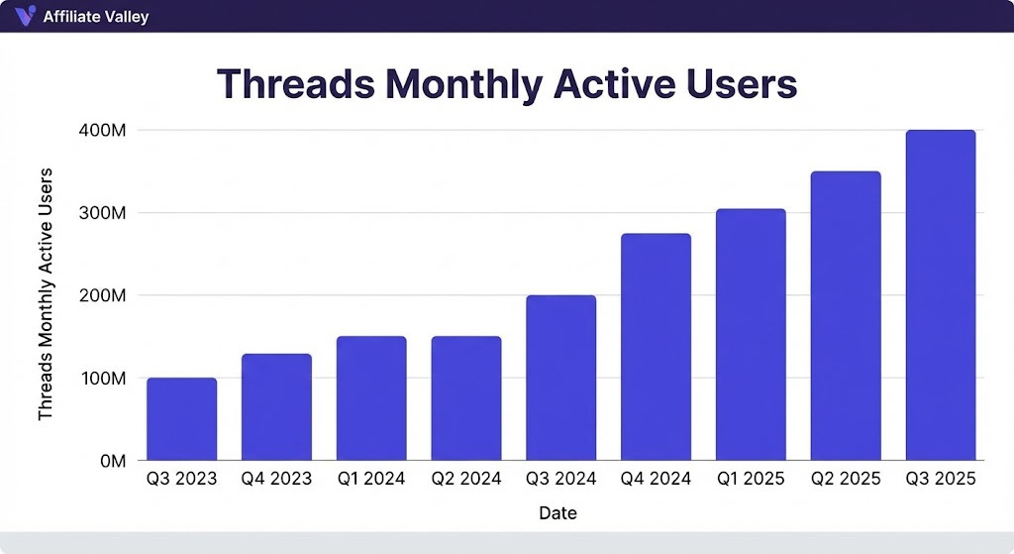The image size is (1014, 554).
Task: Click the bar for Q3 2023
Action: pyautogui.click(x=182, y=419)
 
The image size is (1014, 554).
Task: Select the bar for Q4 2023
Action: pyautogui.click(x=277, y=407)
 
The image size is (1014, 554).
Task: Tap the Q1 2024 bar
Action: pyautogui.click(x=371, y=398)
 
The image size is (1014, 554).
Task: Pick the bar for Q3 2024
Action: pyautogui.click(x=561, y=378)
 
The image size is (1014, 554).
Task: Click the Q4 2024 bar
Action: pyautogui.click(x=656, y=347)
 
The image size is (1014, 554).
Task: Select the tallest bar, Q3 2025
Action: pyautogui.click(x=941, y=295)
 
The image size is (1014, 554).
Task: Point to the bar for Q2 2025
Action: pyautogui.click(x=846, y=316)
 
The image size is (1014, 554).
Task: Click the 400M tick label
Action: pyautogui.click(x=102, y=130)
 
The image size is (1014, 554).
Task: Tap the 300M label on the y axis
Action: pyautogui.click(x=102, y=213)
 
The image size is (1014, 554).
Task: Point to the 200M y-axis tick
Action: pyautogui.click(x=102, y=295)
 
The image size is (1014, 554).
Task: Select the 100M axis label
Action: pyautogui.click(x=103, y=378)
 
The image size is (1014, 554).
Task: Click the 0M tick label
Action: pyautogui.click(x=113, y=461)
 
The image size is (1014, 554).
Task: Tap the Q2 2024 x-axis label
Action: pyautogui.click(x=466, y=479)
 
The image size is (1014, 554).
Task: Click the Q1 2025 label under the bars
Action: pyautogui.click(x=751, y=479)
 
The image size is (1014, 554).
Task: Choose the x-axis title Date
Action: pyautogui.click(x=558, y=513)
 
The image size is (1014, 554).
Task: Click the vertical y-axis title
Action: pyautogui.click(x=45, y=294)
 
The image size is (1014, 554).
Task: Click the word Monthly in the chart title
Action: pyautogui.click(x=463, y=85)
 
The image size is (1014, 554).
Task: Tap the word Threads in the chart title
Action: pyautogui.click(x=296, y=83)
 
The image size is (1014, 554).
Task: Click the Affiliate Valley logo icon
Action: pyautogui.click(x=25, y=15)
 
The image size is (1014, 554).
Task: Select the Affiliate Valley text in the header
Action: pyautogui.click(x=96, y=17)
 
